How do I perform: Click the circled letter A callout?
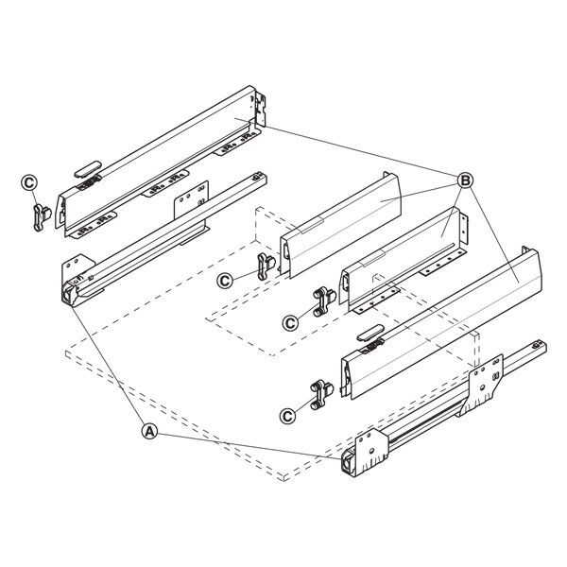tap(149, 431)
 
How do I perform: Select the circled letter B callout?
tap(465, 180)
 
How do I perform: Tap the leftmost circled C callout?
tap(29, 182)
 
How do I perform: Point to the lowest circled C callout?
tap(288, 416)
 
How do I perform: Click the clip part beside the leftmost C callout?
tap(42, 217)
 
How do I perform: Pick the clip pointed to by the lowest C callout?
tap(321, 394)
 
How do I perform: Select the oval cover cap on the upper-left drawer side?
tap(88, 169)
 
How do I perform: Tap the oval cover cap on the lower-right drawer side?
tap(370, 333)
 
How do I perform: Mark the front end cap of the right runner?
tap(348, 462)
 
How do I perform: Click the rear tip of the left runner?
tap(261, 178)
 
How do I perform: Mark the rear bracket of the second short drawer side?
tap(464, 229)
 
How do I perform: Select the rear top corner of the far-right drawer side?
tap(526, 248)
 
